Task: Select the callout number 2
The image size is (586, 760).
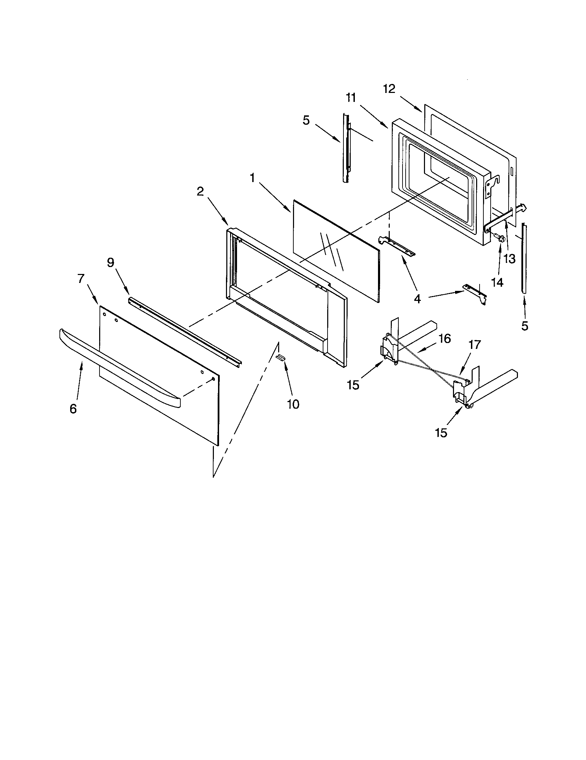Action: click(200, 191)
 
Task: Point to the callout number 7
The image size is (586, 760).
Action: click(81, 278)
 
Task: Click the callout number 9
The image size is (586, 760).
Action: click(110, 263)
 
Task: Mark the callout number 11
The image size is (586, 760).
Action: click(351, 98)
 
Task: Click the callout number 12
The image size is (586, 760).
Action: click(389, 89)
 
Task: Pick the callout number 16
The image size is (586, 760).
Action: click(445, 338)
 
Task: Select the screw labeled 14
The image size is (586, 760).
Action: click(500, 239)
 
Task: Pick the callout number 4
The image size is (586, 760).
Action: click(417, 298)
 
